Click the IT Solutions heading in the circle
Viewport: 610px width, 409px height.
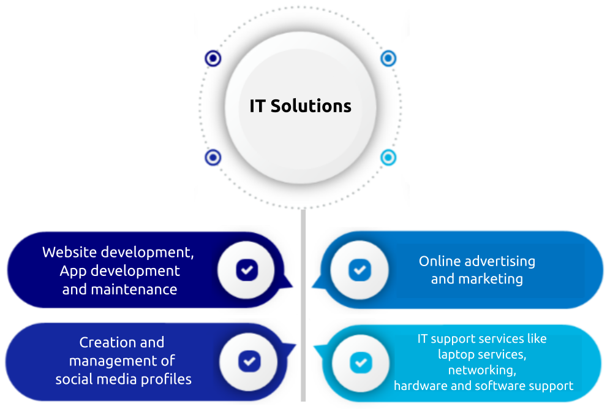click(x=300, y=105)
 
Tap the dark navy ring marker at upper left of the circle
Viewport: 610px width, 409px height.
click(x=213, y=59)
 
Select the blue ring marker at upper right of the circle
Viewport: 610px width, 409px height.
click(x=388, y=58)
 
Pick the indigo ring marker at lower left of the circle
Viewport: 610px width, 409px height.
click(x=213, y=158)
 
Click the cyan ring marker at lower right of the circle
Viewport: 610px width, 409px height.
click(x=388, y=158)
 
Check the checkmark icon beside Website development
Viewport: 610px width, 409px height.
click(x=247, y=269)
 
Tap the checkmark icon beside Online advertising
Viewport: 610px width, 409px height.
click(x=360, y=269)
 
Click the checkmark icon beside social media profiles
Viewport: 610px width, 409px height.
click(x=249, y=361)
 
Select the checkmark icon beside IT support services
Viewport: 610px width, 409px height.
click(x=361, y=362)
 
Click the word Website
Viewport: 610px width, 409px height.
click(x=69, y=252)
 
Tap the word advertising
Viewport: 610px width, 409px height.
click(x=500, y=261)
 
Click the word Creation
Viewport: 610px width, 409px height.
click(x=104, y=342)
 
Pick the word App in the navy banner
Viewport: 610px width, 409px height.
click(x=72, y=270)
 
